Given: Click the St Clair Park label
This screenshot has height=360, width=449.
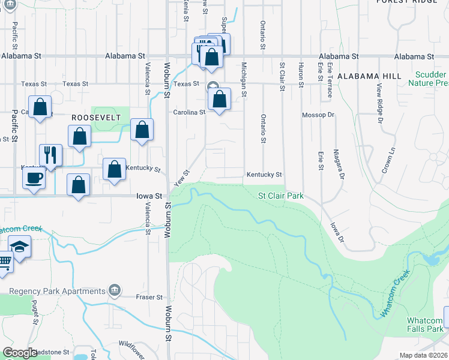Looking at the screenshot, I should tap(281, 196).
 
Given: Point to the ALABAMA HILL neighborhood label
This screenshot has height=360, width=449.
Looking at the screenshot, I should tap(369, 77).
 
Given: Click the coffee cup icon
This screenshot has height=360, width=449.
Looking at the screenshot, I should tap(35, 177).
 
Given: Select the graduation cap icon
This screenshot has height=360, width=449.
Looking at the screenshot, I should tap(20, 247).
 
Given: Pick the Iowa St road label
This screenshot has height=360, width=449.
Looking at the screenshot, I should tap(149, 196).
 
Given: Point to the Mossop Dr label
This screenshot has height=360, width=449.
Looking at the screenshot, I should tap(318, 115).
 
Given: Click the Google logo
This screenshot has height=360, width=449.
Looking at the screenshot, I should tap(20, 353).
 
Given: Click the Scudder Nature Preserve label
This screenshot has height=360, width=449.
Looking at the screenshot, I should tap(429, 79).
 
